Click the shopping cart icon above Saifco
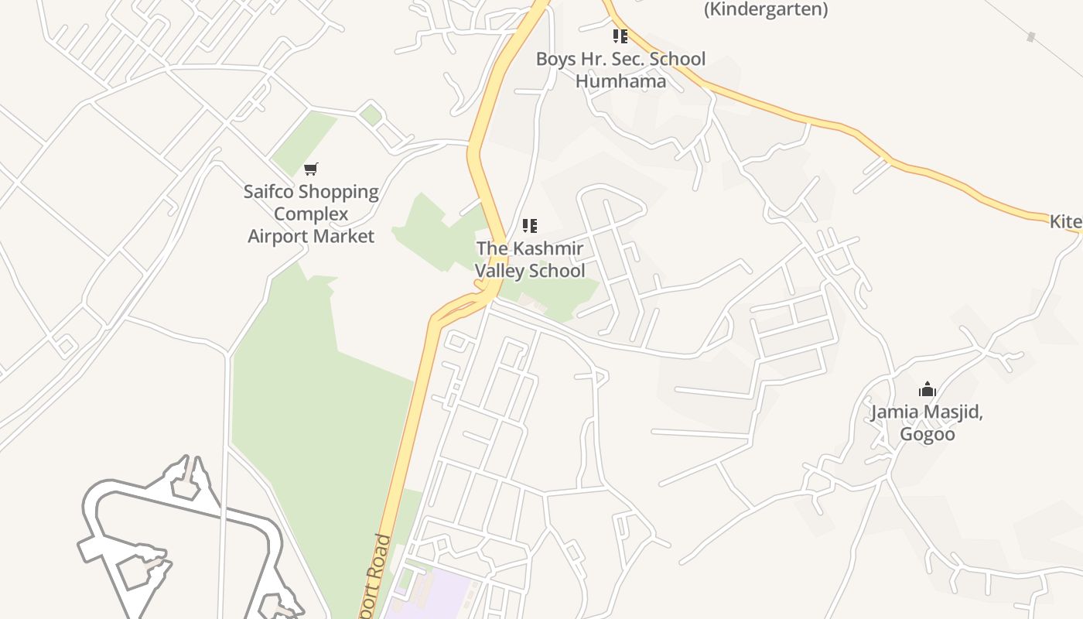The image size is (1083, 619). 311,169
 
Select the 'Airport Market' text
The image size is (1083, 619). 311,236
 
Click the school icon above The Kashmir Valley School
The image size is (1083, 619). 530,226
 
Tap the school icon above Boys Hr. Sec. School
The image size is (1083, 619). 620,36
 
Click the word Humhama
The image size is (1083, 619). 620,80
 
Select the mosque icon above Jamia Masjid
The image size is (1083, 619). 927,389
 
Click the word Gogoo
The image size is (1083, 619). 927,434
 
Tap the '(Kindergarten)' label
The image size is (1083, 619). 766,9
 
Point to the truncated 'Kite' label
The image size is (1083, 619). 1065,222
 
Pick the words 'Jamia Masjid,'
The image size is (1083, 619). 927,412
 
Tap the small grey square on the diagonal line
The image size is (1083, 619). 1030,36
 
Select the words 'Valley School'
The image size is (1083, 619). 530,271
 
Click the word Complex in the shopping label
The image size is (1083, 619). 311,214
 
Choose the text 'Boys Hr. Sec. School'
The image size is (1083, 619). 620,59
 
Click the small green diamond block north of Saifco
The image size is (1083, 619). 371,115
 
